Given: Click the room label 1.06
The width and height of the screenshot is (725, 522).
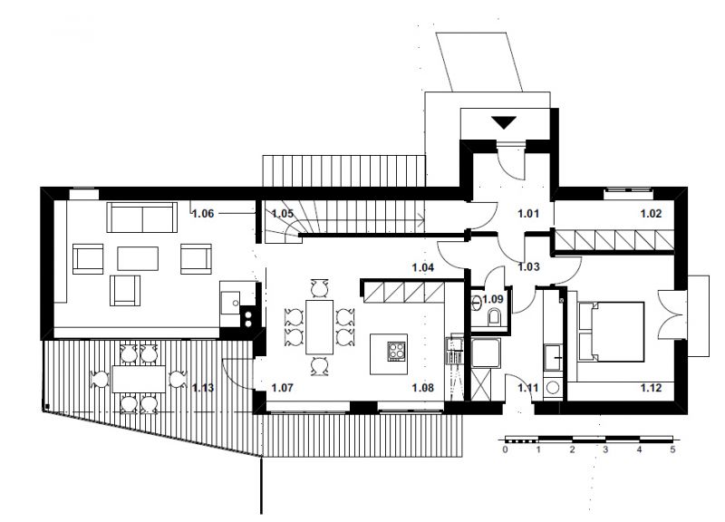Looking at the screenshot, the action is [203, 214].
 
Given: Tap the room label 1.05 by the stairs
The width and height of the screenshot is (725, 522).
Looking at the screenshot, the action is [283, 214].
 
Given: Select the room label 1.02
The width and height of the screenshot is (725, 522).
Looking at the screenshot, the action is [651, 214].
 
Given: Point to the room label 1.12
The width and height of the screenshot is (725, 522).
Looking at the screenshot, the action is [651, 388].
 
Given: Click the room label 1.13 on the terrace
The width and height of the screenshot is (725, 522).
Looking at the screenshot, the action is [203, 388].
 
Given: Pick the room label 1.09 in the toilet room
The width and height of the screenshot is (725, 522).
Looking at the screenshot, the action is [493, 299].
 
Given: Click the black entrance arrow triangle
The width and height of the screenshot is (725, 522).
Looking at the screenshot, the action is [504, 122].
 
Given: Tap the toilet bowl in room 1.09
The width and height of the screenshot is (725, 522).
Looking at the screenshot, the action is [494, 316].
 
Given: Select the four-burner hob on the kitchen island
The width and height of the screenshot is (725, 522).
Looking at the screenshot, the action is [396, 350].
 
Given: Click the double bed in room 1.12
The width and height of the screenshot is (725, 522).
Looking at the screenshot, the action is [611, 332].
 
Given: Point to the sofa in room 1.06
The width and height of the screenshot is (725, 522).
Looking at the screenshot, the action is [142, 217].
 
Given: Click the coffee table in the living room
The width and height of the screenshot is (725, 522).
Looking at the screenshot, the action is [138, 258].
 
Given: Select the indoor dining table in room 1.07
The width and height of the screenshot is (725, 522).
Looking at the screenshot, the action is [320, 327].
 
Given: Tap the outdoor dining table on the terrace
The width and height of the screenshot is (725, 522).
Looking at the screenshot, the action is [139, 379].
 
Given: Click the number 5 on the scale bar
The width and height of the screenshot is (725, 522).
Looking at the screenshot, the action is [672, 449].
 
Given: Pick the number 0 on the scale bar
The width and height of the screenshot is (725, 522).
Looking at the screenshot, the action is [506, 449].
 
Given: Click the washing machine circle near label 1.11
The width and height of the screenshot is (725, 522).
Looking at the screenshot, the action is [553, 387].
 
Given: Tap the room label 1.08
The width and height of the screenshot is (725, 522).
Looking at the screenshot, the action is [423, 388].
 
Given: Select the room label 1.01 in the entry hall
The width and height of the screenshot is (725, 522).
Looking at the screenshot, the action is [528, 214].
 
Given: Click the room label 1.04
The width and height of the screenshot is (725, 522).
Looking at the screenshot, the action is [423, 267].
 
